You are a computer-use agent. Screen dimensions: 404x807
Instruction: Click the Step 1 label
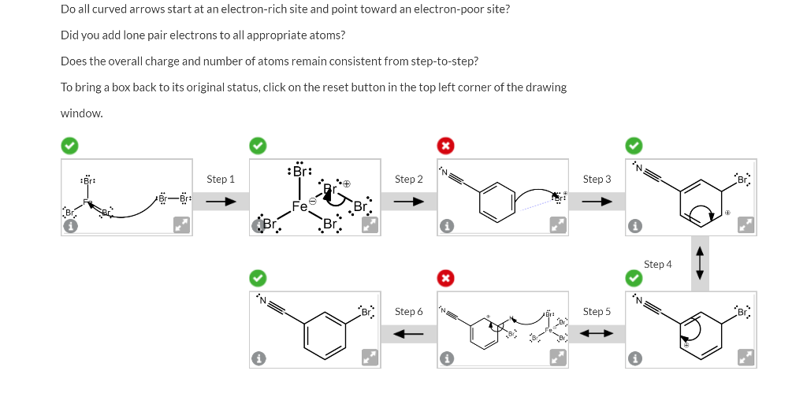coord(221,180)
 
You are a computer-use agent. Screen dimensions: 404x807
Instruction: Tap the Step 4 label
coord(659,265)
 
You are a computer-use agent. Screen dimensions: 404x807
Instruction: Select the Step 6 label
coord(408,312)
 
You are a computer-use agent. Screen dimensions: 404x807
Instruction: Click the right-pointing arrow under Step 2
coord(408,202)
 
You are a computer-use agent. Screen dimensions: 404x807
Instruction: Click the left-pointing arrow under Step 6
coord(408,334)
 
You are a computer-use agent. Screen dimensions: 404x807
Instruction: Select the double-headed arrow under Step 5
coord(597,334)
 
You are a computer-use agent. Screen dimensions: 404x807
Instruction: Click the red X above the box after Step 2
coord(445,146)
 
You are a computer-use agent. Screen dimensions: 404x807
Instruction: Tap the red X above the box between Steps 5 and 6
coord(445,278)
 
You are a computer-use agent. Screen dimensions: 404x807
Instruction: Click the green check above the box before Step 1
coord(69,146)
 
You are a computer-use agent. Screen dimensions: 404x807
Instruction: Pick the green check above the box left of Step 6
coord(258,278)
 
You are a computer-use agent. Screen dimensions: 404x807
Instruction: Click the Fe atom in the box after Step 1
coord(299,206)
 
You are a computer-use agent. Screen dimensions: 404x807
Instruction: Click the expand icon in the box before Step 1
coord(182,226)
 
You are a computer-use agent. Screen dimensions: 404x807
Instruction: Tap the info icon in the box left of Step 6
coord(258,358)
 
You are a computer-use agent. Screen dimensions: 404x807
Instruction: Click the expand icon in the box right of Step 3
coord(746,226)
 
